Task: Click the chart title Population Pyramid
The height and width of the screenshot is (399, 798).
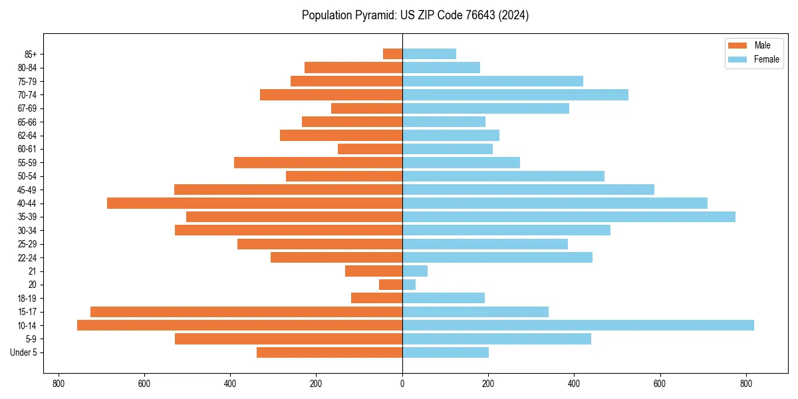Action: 415,15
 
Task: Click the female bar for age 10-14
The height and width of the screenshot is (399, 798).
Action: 578,325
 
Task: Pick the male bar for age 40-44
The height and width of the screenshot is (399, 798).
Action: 255,203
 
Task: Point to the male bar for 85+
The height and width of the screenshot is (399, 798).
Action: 392,54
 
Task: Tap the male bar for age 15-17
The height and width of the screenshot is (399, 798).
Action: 246,312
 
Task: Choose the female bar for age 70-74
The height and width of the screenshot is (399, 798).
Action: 515,94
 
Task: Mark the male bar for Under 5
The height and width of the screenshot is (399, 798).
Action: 329,352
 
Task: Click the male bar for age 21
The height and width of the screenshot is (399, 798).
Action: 374,271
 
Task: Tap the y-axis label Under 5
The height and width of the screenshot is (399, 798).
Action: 23,352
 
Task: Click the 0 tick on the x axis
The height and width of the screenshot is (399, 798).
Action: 402,384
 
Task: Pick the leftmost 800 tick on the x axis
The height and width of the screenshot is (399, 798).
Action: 59,384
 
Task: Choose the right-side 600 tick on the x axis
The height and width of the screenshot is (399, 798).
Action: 660,384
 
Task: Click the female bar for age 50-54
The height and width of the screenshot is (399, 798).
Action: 503,176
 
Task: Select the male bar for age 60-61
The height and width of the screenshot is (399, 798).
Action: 370,149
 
